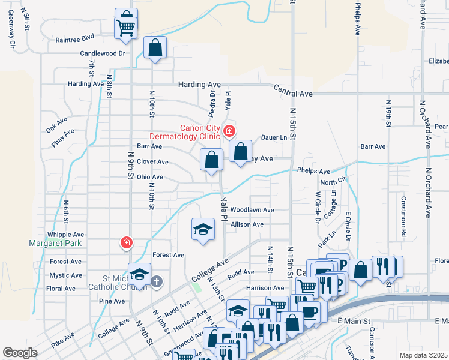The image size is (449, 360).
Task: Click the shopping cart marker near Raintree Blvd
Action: pyautogui.click(x=126, y=24)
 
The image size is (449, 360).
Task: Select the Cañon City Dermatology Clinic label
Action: pyautogui.click(x=200, y=131)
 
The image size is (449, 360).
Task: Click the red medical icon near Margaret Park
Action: pyautogui.click(x=126, y=243)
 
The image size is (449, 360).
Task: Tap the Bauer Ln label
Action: pyautogui.click(x=274, y=137)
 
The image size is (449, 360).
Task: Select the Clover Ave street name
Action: pyautogui.click(x=152, y=162)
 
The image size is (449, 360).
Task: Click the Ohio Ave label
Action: pyautogui.click(x=150, y=177)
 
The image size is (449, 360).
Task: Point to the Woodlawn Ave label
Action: pyautogui.click(x=252, y=210)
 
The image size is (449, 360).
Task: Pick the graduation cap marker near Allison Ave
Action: pyautogui.click(x=203, y=229)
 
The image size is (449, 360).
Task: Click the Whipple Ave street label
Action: pyautogui.click(x=66, y=235)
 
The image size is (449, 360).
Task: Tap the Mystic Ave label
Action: pyautogui.click(x=65, y=275)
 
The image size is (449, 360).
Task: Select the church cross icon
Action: pyautogui.click(x=157, y=281)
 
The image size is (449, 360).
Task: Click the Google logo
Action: pyautogui.click(x=20, y=353)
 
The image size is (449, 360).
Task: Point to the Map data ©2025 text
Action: pyautogui.click(x=424, y=355)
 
